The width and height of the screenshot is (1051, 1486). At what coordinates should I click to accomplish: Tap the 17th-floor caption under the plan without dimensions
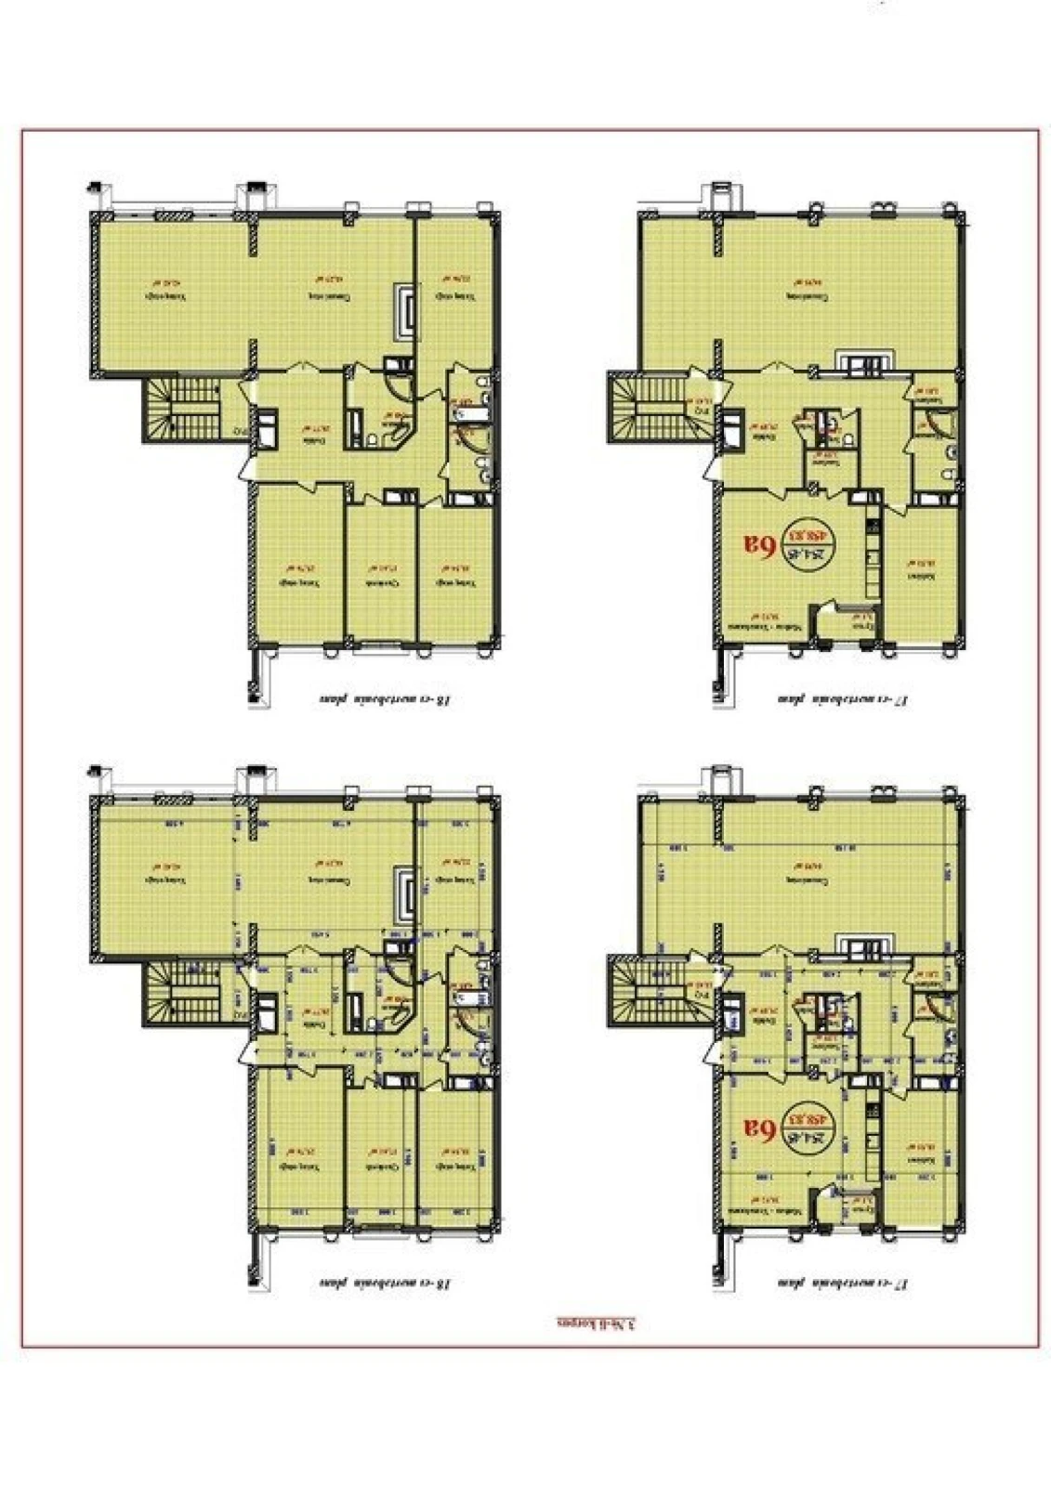click(x=841, y=699)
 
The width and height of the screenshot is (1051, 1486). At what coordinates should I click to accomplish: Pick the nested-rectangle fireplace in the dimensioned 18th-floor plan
click(x=406, y=892)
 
